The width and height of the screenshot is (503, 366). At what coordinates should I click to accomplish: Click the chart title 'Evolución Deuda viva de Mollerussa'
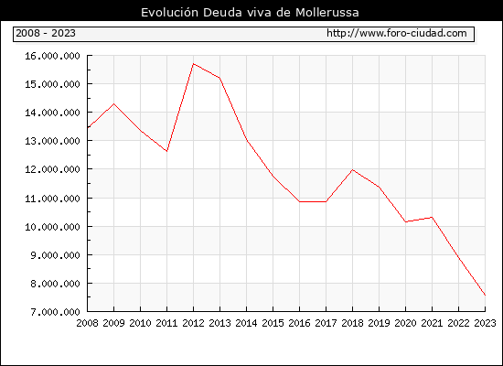pyautogui.click(x=250, y=13)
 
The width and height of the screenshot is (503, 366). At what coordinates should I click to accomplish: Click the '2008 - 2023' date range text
pyautogui.click(x=46, y=33)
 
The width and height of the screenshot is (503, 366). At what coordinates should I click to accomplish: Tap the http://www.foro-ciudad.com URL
pyautogui.click(x=397, y=33)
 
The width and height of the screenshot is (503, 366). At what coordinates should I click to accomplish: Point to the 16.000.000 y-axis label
pyautogui.click(x=53, y=56)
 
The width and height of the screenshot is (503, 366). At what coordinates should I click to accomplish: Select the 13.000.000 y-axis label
pyautogui.click(x=53, y=141)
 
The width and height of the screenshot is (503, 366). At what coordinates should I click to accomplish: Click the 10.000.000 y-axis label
pyautogui.click(x=53, y=227)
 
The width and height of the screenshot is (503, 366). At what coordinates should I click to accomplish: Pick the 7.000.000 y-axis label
pyautogui.click(x=55, y=312)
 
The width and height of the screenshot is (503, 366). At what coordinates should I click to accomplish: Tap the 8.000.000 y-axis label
pyautogui.click(x=55, y=284)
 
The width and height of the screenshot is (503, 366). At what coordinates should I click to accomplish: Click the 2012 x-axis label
pyautogui.click(x=194, y=323)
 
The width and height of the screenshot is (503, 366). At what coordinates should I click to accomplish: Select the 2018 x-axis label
pyautogui.click(x=352, y=323)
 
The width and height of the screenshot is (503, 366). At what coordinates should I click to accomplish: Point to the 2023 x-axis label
pyautogui.click(x=485, y=323)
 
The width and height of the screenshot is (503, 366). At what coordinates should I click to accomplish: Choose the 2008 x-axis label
pyautogui.click(x=87, y=323)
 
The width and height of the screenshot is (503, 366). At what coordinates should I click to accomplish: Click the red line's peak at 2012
pyautogui.click(x=194, y=63)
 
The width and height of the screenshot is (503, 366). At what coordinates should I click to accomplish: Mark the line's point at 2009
pyautogui.click(x=114, y=103)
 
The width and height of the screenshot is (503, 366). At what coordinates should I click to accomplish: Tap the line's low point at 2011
pyautogui.click(x=166, y=151)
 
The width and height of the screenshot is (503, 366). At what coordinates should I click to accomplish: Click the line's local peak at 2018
pyautogui.click(x=352, y=169)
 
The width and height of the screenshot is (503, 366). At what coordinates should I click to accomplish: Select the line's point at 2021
pyautogui.click(x=432, y=217)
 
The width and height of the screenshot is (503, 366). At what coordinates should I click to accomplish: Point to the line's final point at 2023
pyautogui.click(x=485, y=295)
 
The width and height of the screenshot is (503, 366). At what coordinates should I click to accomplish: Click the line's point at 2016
pyautogui.click(x=300, y=201)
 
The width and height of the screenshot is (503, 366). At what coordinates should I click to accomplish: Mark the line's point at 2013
pyautogui.click(x=219, y=78)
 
